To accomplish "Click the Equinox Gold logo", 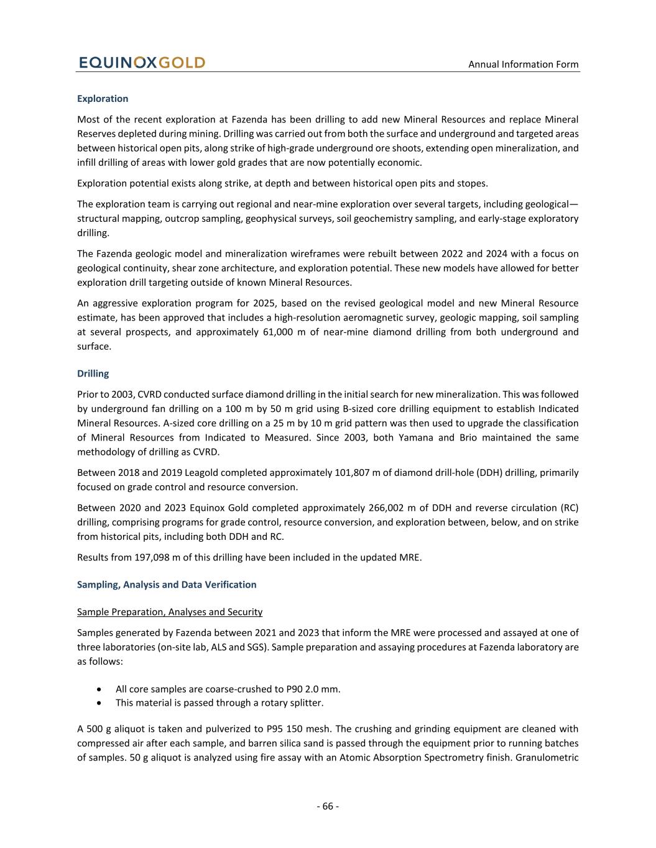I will click(141, 63).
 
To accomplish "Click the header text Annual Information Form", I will click(523, 64).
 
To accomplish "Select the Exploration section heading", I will click(103, 99).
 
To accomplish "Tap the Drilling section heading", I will click(93, 373).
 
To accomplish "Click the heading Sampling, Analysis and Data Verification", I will click(167, 585).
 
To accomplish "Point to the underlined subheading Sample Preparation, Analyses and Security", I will click(170, 612).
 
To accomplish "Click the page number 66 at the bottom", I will click(328, 806).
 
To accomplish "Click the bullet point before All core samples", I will click(100, 690).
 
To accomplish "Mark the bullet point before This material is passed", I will click(100, 703).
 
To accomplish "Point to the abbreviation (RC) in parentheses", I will click(568, 508).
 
